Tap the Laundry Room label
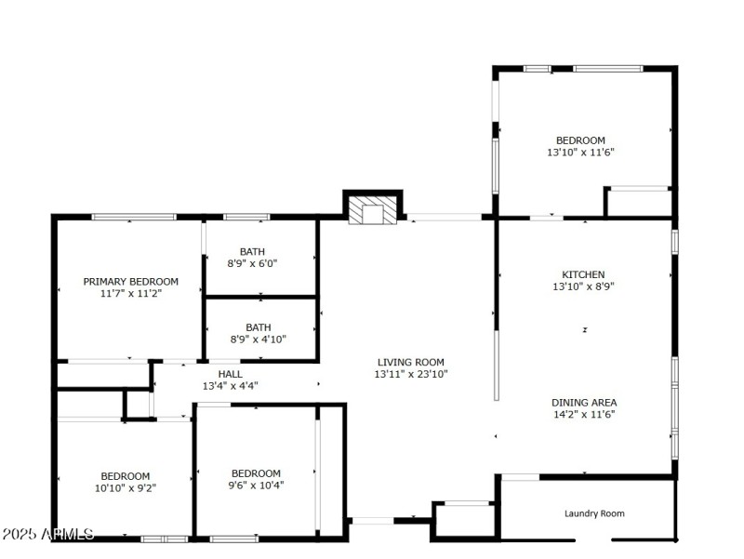(x=594, y=513)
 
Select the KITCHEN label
(x=583, y=274)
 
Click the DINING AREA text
(x=583, y=403)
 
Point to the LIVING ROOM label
(x=410, y=362)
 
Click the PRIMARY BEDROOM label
(x=130, y=281)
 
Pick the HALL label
(x=230, y=373)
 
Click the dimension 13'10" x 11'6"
(x=580, y=153)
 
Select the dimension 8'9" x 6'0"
(x=252, y=263)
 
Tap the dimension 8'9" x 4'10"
(x=258, y=339)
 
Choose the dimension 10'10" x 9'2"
(x=126, y=486)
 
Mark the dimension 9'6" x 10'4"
(x=256, y=485)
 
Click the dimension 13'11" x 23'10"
(x=410, y=374)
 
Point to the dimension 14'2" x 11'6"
(x=583, y=415)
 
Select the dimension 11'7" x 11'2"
(x=130, y=293)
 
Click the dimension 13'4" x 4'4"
(x=230, y=385)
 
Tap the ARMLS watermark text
(x=47, y=534)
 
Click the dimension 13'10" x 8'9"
(x=583, y=286)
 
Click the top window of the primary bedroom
(x=133, y=217)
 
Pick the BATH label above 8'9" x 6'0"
(x=252, y=251)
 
